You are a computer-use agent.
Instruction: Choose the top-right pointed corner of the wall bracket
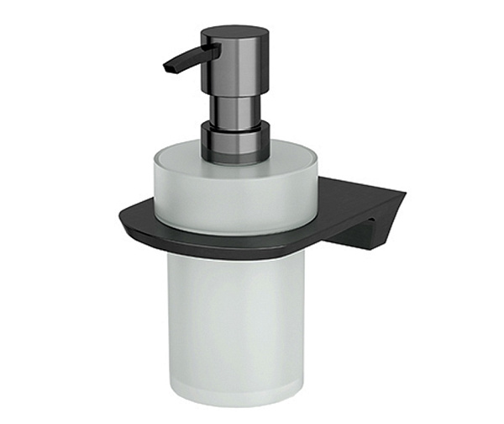tap(406, 194)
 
